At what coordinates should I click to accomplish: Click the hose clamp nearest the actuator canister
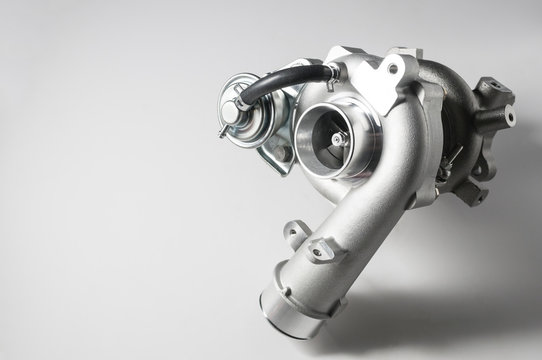click(x=247, y=99)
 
